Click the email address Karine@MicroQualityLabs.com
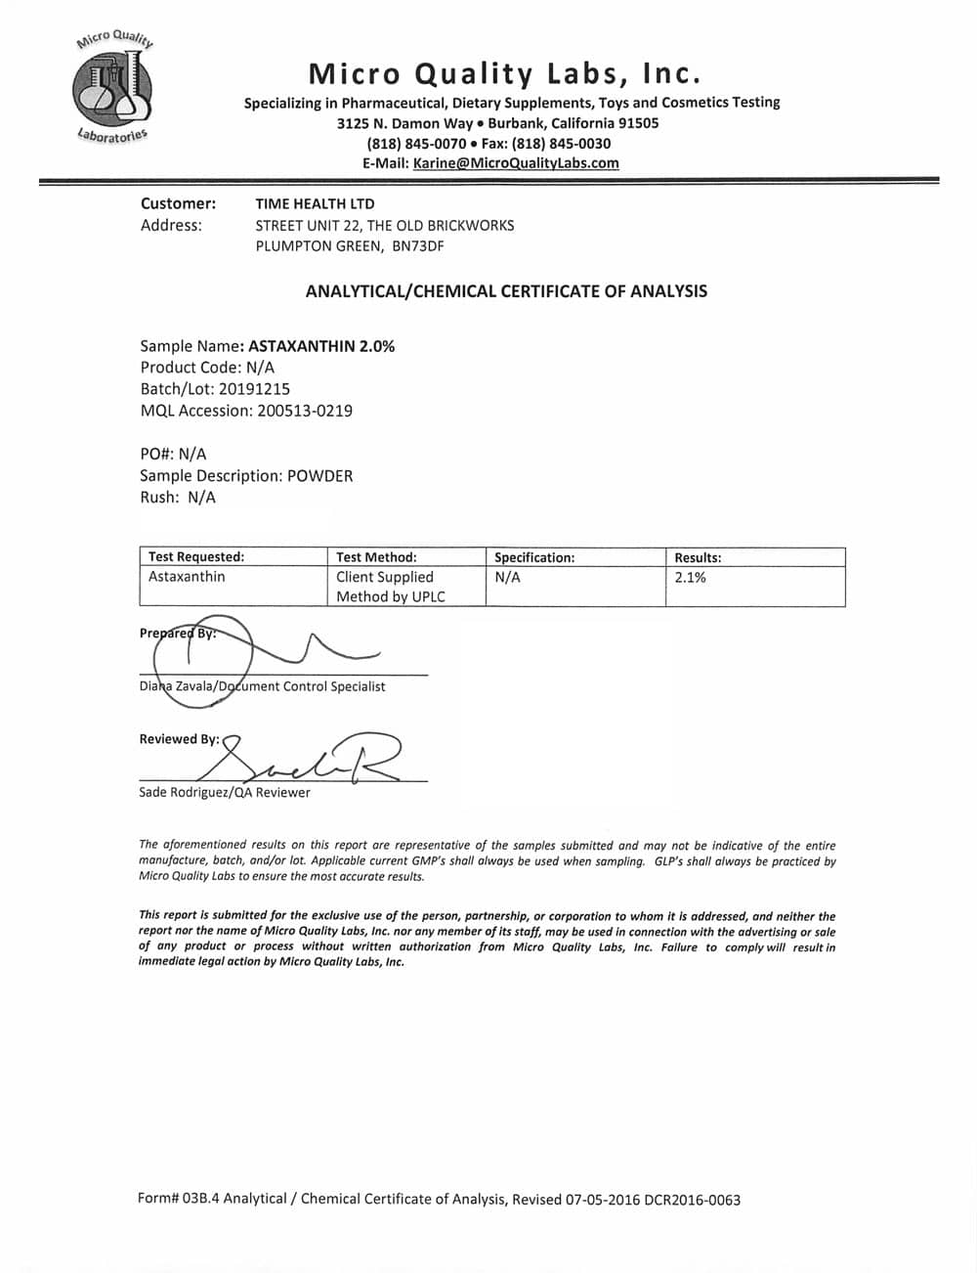pos(516,163)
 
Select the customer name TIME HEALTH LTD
pos(315,203)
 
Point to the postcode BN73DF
pos(417,246)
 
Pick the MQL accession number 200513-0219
pos(304,411)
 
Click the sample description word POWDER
pos(319,476)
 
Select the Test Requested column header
pos(196,557)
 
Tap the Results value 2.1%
pos(690,578)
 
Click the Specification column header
pos(534,557)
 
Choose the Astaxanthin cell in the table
pos(187,577)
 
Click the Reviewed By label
pos(179,739)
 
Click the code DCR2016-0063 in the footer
pos(692,1199)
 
